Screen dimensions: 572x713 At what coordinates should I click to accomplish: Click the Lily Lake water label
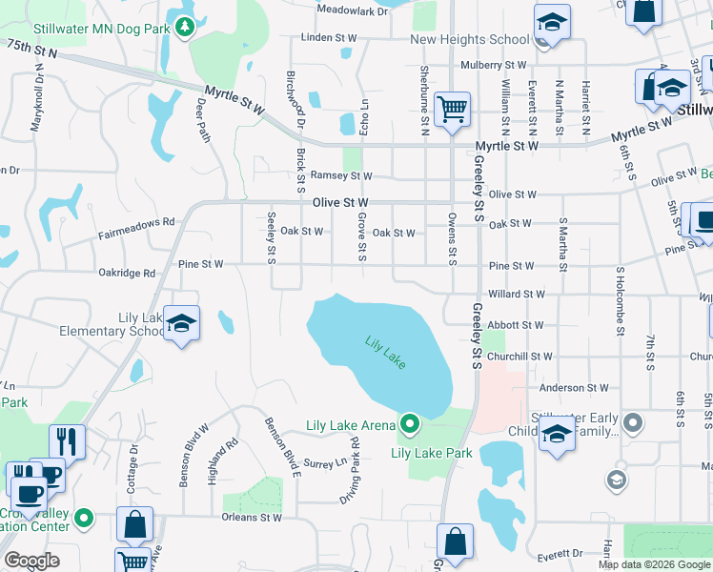pyautogui.click(x=386, y=352)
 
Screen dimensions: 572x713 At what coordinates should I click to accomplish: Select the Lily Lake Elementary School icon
pyautogui.click(x=180, y=322)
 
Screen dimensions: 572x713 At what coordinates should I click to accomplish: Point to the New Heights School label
pyautogui.click(x=469, y=39)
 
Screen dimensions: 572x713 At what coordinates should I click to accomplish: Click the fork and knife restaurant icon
pyautogui.click(x=66, y=440)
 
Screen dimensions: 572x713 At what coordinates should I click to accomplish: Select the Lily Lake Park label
pyautogui.click(x=432, y=453)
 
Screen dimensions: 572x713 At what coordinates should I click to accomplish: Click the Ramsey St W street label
pyautogui.click(x=341, y=176)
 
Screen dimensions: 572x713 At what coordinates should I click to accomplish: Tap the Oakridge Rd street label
pyautogui.click(x=126, y=273)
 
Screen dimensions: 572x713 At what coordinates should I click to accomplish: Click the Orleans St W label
pyautogui.click(x=253, y=518)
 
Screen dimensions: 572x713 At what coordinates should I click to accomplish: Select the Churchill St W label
pyautogui.click(x=519, y=357)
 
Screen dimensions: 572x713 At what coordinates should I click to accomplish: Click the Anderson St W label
pyautogui.click(x=574, y=388)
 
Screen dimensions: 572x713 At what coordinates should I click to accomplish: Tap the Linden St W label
pyautogui.click(x=328, y=38)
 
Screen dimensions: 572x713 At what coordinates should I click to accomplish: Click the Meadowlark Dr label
pyautogui.click(x=353, y=10)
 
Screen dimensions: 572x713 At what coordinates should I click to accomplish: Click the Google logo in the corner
pyautogui.click(x=31, y=561)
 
